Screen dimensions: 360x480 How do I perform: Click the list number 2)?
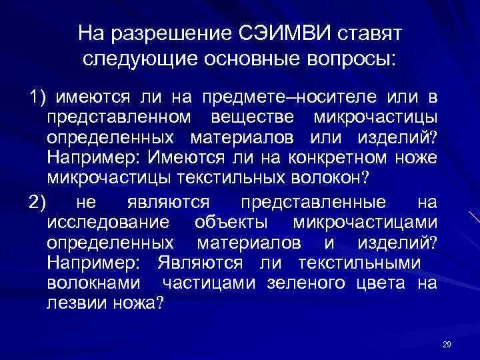[x=37, y=201]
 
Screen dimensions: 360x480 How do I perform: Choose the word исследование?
[x=108, y=221]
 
